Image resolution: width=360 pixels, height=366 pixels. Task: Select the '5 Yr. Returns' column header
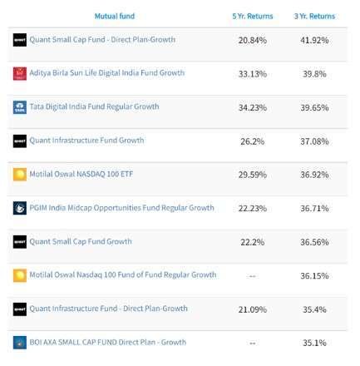(x=252, y=16)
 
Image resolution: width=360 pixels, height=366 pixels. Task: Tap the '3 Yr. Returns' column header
(x=314, y=16)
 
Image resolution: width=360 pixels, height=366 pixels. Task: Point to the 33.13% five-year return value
(x=252, y=74)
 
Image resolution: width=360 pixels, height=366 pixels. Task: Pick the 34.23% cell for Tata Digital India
(x=252, y=107)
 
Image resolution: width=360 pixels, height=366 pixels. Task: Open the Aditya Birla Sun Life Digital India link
(x=107, y=73)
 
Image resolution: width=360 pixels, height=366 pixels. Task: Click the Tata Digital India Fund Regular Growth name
(x=94, y=106)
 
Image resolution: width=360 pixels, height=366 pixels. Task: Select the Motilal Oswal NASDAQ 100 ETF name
(x=82, y=174)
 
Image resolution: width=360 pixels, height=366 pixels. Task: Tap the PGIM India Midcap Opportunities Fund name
(x=121, y=207)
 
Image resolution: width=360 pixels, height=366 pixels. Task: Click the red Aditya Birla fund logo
(x=20, y=73)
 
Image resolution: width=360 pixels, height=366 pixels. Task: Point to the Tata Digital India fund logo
(x=20, y=107)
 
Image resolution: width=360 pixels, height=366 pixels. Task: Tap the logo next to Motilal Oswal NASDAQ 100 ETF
(x=20, y=175)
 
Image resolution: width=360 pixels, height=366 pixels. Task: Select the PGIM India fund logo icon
(x=20, y=208)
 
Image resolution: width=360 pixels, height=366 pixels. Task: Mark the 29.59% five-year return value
(x=252, y=175)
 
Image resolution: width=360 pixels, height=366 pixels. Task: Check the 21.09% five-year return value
(x=252, y=309)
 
